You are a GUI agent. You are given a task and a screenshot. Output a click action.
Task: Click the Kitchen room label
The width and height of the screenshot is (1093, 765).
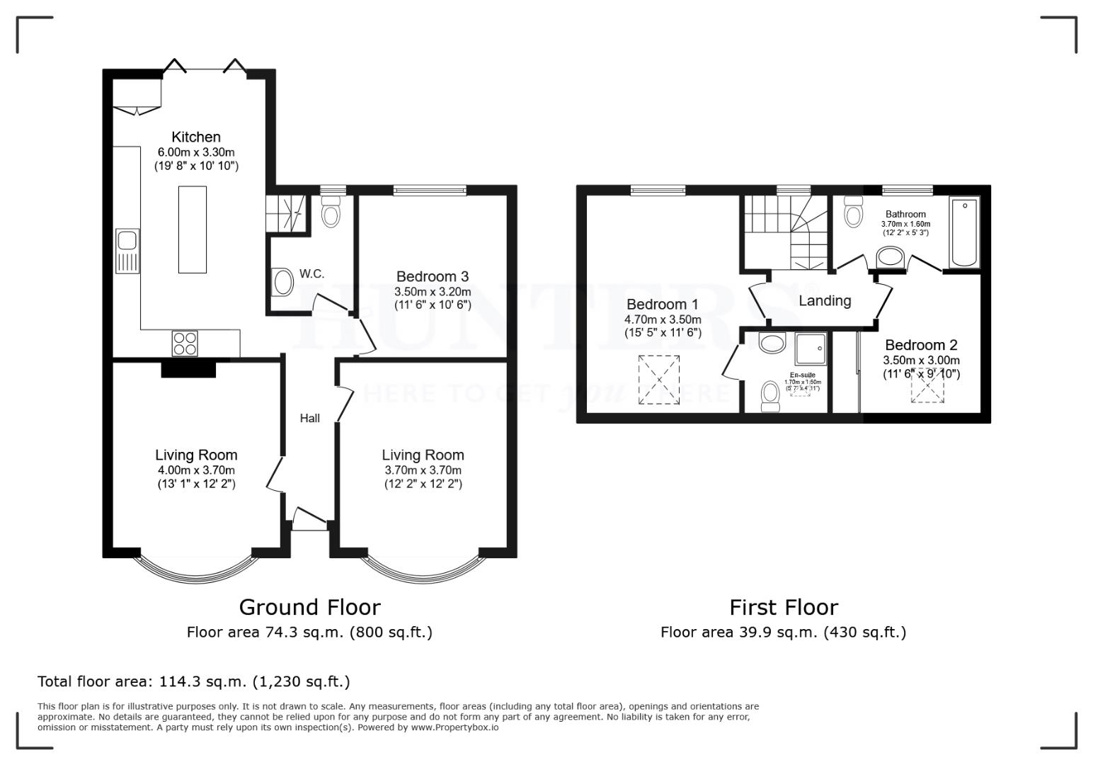point(196,137)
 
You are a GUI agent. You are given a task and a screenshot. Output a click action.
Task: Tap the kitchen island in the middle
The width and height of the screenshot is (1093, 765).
point(193,229)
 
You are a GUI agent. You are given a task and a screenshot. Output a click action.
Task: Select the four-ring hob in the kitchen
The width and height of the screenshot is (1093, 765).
point(185,344)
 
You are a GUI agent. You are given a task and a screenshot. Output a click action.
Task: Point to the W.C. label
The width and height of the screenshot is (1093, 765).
point(311,273)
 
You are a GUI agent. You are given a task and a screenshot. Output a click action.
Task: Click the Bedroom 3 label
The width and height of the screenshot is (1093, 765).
point(432,276)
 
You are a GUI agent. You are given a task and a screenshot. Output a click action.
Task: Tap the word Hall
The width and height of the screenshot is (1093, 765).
point(309,418)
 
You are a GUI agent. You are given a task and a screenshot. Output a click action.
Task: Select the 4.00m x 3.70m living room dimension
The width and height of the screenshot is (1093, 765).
point(196,470)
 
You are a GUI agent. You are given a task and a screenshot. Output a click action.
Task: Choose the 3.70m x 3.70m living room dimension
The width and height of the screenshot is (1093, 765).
point(423,470)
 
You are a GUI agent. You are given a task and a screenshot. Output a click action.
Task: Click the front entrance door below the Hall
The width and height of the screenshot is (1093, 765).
point(309,521)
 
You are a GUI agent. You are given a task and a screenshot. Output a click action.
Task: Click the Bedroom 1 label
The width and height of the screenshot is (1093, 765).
point(663,305)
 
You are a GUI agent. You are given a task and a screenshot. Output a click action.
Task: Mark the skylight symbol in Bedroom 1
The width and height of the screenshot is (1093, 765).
point(659,380)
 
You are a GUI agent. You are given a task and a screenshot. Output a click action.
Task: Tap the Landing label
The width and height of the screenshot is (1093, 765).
point(825,300)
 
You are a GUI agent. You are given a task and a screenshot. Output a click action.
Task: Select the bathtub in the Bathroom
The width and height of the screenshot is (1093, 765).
point(964,233)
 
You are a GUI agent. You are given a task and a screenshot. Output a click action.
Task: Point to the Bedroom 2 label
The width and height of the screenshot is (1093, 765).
point(921,345)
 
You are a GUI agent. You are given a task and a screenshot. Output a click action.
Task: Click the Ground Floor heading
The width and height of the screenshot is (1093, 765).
point(309,607)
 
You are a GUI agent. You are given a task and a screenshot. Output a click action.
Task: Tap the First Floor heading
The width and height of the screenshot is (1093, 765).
point(784,607)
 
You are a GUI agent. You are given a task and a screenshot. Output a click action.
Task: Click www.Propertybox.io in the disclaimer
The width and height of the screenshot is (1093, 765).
point(454,727)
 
